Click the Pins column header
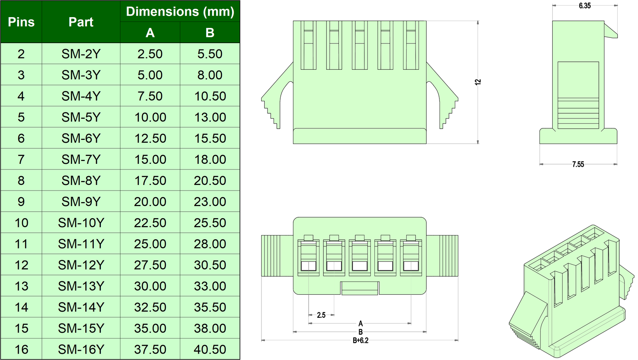pos(21,22)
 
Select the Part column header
pos(81,22)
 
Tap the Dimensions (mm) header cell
pos(180,12)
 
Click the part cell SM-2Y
pos(81,54)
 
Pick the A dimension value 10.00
pos(150,117)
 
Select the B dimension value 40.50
pos(210,350)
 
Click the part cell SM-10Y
pos(81,223)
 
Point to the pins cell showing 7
pos(21,159)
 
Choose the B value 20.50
pos(210,181)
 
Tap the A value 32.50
pos(150,307)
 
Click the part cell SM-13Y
pos(81,286)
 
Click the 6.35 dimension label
pos(585,6)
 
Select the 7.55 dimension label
pos(578,164)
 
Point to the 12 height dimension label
pos(478,82)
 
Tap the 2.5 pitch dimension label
pos(321,315)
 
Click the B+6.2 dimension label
pos(360,340)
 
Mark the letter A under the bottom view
pos(360,324)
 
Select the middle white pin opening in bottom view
pos(360,266)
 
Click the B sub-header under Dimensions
pos(210,32)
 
